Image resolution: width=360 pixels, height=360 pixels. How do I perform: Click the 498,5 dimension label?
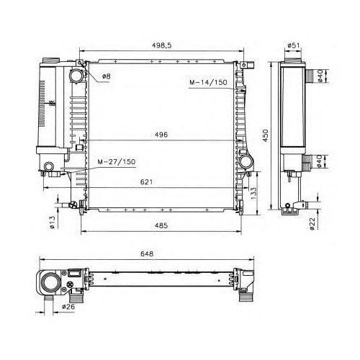click(161, 45)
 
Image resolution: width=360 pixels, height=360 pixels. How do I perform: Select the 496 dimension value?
click(161, 135)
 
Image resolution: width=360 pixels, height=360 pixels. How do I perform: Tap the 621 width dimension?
click(146, 182)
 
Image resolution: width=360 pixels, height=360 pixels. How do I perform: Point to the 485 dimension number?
click(161, 225)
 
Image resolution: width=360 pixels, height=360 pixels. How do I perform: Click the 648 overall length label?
click(147, 253)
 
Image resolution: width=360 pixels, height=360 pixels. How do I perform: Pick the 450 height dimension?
click(265, 135)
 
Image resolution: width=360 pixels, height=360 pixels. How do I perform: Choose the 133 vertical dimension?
click(253, 194)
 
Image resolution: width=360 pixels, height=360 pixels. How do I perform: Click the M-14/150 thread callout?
click(208, 82)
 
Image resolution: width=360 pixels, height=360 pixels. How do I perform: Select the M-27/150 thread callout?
click(117, 161)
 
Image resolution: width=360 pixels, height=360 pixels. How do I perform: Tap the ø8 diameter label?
click(107, 76)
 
